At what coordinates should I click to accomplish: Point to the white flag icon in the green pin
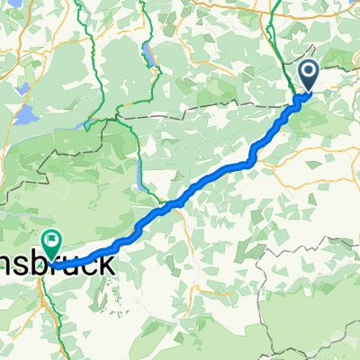click(x=50, y=239)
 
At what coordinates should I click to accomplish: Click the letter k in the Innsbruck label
click(x=106, y=265)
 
